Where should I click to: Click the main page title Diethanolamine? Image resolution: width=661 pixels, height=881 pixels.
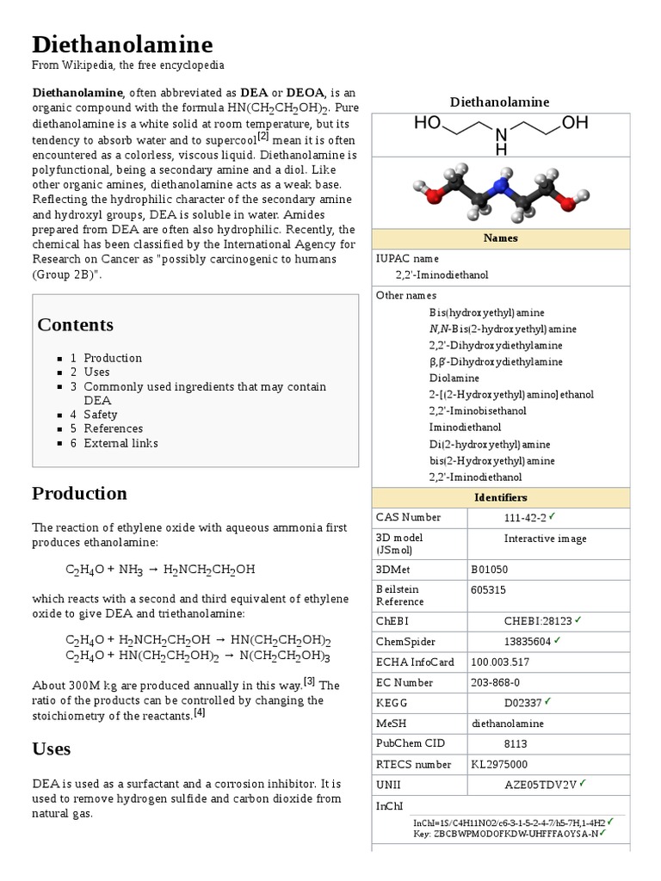122,44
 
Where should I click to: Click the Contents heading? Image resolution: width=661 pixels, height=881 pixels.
75,324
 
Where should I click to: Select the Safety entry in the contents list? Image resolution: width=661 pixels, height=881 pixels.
100,415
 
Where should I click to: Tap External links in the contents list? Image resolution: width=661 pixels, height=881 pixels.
120,443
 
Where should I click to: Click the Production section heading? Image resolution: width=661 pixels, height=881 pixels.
79,493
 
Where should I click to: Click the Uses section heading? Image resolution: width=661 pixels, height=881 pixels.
51,749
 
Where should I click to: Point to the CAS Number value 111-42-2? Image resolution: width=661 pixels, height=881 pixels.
524,518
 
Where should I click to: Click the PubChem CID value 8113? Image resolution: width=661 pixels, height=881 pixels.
516,744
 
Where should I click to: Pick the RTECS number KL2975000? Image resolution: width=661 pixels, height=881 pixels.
499,764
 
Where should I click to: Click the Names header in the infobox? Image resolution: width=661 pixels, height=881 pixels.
500,238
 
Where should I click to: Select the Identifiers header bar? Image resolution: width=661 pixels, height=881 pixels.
500,497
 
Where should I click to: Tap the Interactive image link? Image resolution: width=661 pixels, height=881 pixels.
545,539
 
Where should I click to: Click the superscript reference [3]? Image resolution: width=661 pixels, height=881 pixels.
310,681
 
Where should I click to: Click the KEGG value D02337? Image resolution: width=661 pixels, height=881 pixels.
522,703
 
